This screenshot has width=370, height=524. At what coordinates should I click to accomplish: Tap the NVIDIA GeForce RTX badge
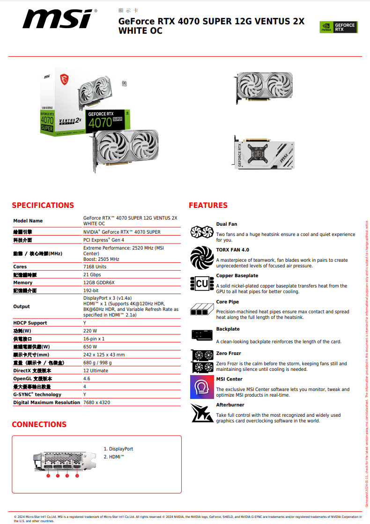coord(338,27)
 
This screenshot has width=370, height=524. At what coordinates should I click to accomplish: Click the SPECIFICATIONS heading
coord(43,205)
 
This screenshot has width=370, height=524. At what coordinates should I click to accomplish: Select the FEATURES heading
coord(208,205)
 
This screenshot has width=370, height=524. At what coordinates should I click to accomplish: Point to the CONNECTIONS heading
coord(39,424)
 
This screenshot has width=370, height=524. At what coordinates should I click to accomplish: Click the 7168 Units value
coord(95,266)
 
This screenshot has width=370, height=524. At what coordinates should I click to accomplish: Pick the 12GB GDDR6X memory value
coord(99,282)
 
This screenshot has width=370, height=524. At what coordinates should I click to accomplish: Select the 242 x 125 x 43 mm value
coord(104,354)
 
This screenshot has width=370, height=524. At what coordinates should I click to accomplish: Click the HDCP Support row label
coord(30,323)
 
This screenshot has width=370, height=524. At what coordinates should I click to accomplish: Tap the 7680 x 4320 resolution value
coord(96,402)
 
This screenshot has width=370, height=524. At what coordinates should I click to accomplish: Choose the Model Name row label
coord(28,221)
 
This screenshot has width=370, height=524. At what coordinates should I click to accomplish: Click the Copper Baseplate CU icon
coord(202,283)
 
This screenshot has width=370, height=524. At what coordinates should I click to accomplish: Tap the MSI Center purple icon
coord(202,387)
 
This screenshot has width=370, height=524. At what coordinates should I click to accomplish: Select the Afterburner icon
coord(202,413)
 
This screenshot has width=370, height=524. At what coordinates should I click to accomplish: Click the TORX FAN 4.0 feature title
coord(232,250)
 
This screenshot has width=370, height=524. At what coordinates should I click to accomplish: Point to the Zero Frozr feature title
coord(229,353)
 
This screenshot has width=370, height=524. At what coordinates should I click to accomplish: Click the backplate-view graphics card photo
coord(265,153)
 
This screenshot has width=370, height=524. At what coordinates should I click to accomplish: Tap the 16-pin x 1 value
coord(94,339)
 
